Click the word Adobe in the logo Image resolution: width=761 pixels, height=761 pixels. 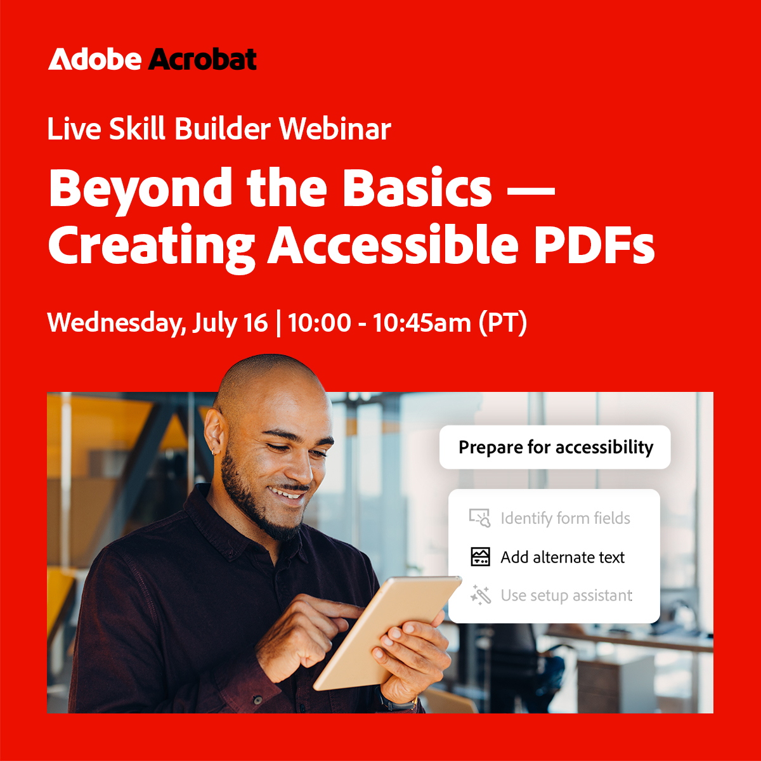pyautogui.click(x=95, y=60)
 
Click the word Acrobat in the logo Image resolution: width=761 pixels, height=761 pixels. pyautogui.click(x=203, y=60)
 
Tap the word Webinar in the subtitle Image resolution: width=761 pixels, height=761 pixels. pyautogui.click(x=335, y=129)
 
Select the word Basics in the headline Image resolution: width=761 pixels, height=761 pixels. pyautogui.click(x=418, y=188)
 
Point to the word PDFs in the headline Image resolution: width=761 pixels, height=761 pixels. pyautogui.click(x=594, y=245)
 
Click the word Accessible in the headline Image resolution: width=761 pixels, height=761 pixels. pyautogui.click(x=393, y=245)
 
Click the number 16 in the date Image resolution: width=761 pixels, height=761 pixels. pyautogui.click(x=256, y=323)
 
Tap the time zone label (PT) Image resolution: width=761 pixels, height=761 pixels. pyautogui.click(x=502, y=323)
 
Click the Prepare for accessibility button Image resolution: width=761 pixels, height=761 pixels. pyautogui.click(x=555, y=447)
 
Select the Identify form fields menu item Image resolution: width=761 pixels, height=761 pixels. pyautogui.click(x=565, y=518)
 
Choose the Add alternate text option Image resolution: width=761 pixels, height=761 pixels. pyautogui.click(x=563, y=557)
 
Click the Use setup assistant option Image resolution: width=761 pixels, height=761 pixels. pyautogui.click(x=566, y=595)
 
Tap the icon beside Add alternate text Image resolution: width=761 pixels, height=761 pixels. pyautogui.click(x=481, y=557)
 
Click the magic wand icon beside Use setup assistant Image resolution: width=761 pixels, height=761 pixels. pyautogui.click(x=481, y=595)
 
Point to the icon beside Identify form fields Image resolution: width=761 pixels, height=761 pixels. pyautogui.click(x=480, y=518)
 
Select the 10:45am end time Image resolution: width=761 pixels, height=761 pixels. pyautogui.click(x=422, y=323)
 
